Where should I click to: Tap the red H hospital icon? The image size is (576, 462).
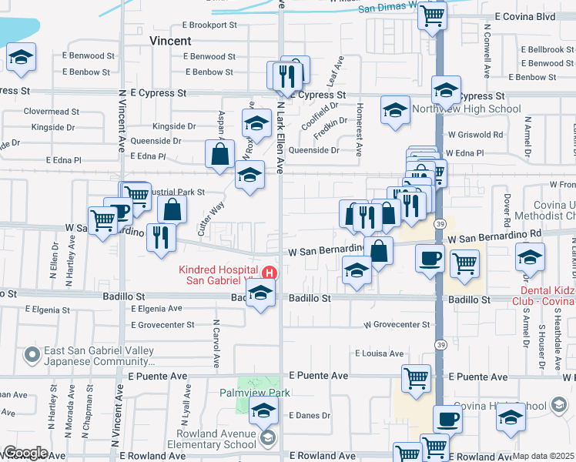pyautogui.click(x=270, y=273)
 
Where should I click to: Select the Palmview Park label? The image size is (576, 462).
pyautogui.click(x=253, y=393)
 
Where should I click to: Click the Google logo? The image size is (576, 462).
pyautogui.click(x=25, y=453)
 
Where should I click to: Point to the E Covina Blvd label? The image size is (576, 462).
pyautogui.click(x=525, y=15)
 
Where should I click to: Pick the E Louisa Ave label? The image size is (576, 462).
pyautogui.click(x=379, y=353)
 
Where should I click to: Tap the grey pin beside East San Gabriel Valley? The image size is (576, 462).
pyautogui.click(x=32, y=355)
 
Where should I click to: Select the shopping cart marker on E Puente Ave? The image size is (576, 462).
pyautogui.click(x=416, y=378)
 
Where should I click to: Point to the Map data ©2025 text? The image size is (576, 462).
pyautogui.click(x=544, y=456)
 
